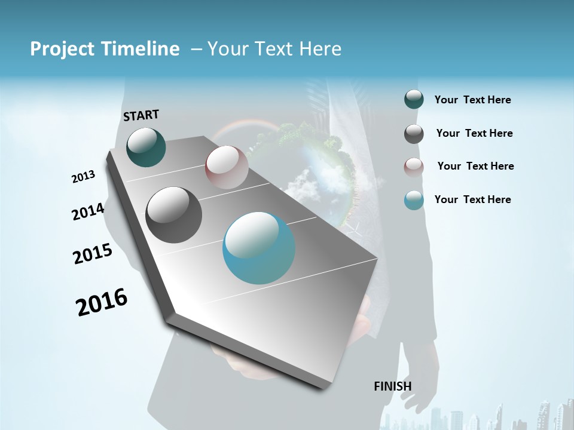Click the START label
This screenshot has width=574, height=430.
[141, 115]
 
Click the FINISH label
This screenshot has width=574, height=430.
[393, 386]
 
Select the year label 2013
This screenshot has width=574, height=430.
[84, 177]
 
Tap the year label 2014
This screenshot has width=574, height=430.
[88, 212]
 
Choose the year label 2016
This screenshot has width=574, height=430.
[102, 302]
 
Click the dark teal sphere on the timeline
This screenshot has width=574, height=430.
[146, 147]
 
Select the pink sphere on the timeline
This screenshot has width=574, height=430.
[227, 167]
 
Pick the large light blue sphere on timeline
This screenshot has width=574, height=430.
[259, 248]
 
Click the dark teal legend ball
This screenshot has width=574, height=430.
[414, 99]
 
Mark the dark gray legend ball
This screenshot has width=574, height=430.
[414, 134]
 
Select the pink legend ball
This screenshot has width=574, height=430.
[414, 167]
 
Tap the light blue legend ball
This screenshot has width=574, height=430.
[414, 200]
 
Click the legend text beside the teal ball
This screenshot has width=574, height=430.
[472, 100]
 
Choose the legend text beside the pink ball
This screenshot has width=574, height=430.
[475, 166]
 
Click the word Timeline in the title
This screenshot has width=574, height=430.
[139, 49]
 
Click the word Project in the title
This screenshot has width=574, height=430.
[60, 49]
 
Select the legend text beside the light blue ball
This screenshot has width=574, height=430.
[472, 199]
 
